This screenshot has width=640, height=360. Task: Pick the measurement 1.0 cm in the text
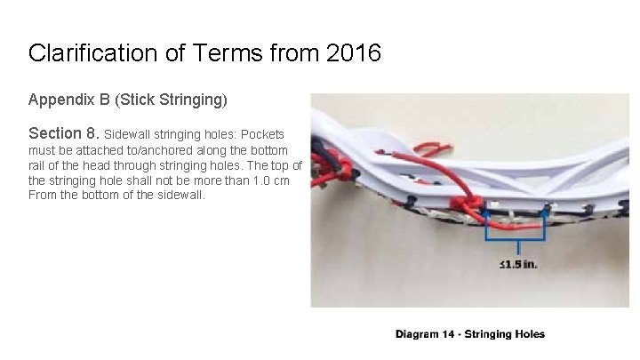pos(263,180)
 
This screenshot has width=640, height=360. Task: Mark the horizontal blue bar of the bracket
pos(515,240)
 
